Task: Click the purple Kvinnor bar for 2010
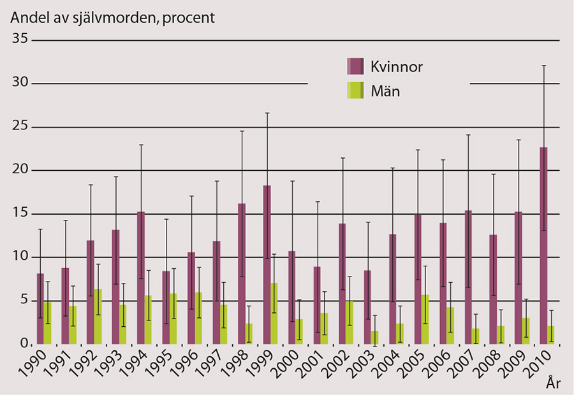(x=543, y=246)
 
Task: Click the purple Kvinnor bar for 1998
(x=242, y=274)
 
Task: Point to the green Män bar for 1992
(x=98, y=317)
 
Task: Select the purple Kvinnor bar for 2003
(x=367, y=307)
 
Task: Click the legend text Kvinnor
(x=397, y=66)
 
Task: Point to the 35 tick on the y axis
(x=20, y=39)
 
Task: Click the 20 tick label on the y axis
(x=20, y=169)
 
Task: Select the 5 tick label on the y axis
(x=23, y=299)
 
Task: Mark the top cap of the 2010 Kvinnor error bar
(x=543, y=66)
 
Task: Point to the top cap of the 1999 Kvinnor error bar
(x=267, y=113)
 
